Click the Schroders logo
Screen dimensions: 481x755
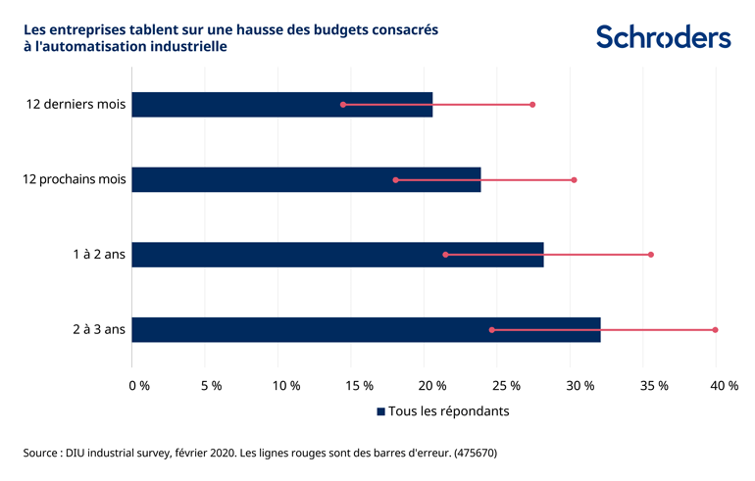664,37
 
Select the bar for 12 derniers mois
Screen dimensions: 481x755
281,105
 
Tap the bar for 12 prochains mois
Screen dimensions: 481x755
306,179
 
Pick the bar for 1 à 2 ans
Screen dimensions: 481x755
337,255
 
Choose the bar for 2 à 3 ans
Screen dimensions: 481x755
366,330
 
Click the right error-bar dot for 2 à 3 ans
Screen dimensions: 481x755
716,330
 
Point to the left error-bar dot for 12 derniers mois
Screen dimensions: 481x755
343,105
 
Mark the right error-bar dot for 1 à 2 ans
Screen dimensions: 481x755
651,255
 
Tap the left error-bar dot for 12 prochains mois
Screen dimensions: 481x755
396,180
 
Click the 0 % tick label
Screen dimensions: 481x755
139,386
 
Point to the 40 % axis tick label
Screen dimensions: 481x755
725,386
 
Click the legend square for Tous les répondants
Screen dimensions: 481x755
380,412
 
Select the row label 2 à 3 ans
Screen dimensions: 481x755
99,330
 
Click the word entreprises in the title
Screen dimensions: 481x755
85,29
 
